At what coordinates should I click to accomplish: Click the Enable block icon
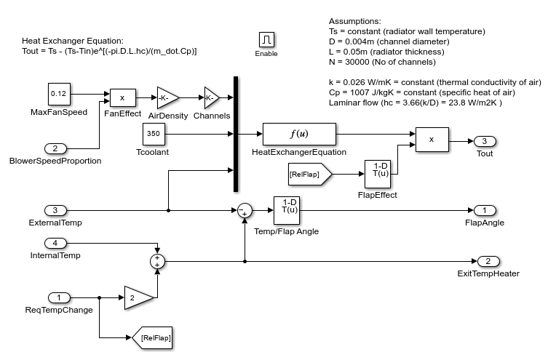point(266,39)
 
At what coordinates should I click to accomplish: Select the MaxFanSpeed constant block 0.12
point(59,95)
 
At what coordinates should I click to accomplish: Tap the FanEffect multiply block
point(122,97)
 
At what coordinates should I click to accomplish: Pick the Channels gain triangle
point(211,97)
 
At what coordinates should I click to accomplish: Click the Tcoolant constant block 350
point(154,134)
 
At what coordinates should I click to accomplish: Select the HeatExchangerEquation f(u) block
point(299,134)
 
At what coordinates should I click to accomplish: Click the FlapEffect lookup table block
point(378,175)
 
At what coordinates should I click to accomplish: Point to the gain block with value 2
point(138,297)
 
